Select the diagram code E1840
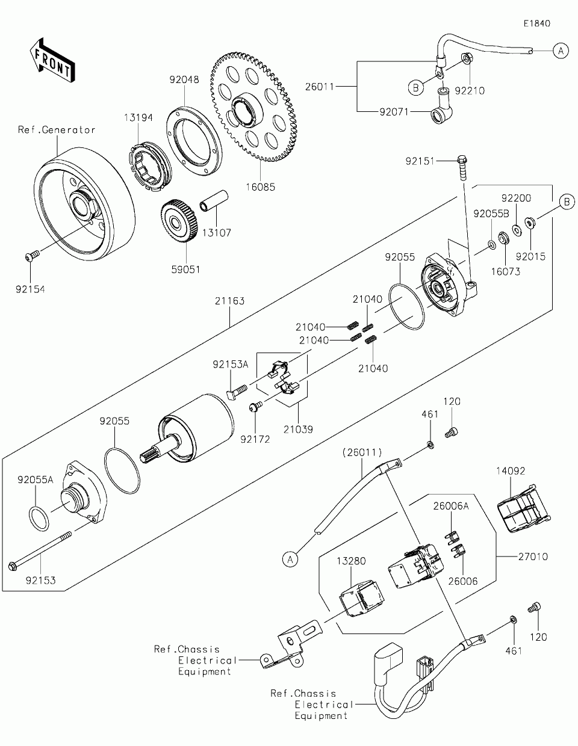tap(536, 23)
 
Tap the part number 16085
tap(261, 187)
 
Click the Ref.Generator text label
tap(57, 130)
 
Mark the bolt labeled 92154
tap(30, 257)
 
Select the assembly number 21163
tap(231, 301)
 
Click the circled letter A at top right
tap(560, 51)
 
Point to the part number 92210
tap(470, 91)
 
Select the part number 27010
tap(533, 556)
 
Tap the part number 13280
tap(351, 561)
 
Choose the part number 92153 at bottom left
tap(41, 581)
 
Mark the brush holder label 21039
tap(299, 430)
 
